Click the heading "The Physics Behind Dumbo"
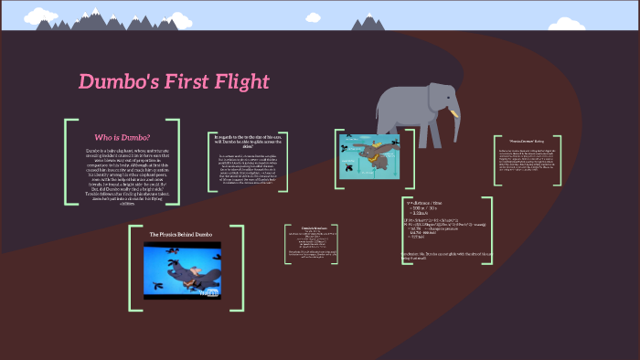181,235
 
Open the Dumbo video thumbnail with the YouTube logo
183,270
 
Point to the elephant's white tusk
451,114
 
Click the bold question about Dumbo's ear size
246,141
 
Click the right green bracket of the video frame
241,262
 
